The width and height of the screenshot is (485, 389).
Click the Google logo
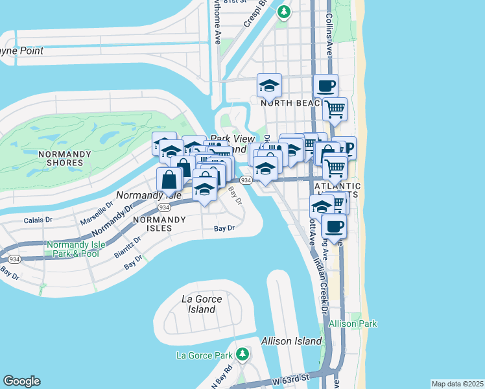coord(21,381)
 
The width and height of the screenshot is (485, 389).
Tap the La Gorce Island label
coord(202,304)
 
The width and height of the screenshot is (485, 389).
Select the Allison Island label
coord(291,341)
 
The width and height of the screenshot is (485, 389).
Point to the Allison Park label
coord(353,324)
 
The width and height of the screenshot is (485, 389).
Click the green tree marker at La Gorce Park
coord(242,354)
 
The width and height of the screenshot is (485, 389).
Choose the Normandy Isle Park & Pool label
coord(73,249)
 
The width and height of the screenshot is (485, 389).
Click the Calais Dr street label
coord(39,220)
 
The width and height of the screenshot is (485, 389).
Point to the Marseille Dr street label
coord(97,212)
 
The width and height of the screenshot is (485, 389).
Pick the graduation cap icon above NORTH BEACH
coord(269,85)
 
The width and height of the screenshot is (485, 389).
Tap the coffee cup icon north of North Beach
coord(325,86)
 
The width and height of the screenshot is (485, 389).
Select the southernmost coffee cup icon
coord(334,227)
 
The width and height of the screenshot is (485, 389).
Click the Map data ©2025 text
coord(457,383)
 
